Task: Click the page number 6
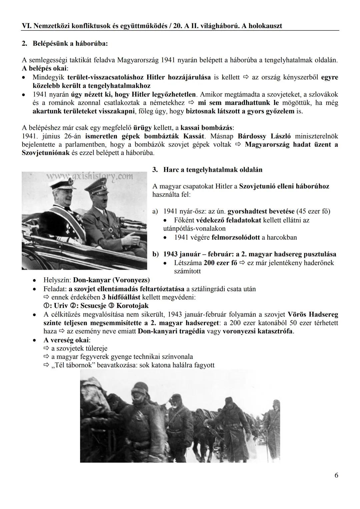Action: coord(336,475)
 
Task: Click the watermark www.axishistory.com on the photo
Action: coord(89,177)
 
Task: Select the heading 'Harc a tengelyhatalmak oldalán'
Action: coord(213,170)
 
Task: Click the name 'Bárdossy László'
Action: coord(264,136)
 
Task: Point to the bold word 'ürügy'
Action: coord(142,128)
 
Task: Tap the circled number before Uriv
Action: coord(46,306)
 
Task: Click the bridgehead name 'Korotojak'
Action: coord(132,306)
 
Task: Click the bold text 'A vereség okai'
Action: coord(66,340)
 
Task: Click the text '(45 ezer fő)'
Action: coord(313,211)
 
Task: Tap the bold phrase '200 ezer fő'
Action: coord(220,263)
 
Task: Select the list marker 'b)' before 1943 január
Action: coord(156,254)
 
